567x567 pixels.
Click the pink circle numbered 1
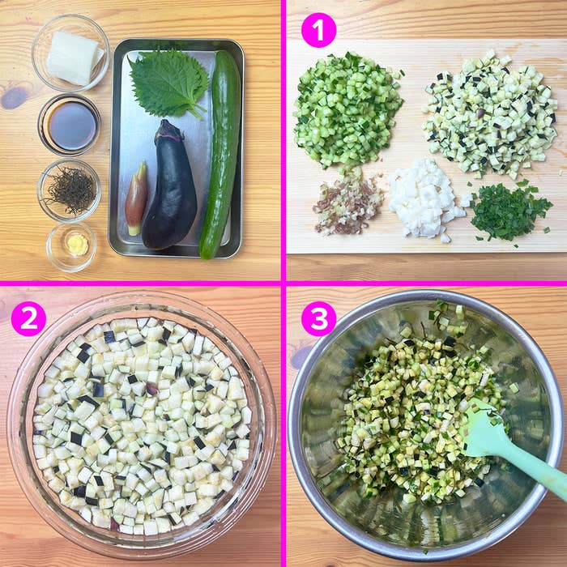click(318, 30)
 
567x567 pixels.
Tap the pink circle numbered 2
click(28, 318)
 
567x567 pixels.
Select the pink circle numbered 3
click(318, 318)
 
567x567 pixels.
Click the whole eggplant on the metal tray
click(172, 194)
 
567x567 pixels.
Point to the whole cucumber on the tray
click(221, 154)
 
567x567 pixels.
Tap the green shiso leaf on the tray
click(168, 82)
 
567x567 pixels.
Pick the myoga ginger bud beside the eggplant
click(137, 198)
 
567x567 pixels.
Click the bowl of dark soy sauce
click(70, 125)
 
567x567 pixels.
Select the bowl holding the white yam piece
click(70, 53)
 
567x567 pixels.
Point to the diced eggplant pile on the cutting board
click(490, 113)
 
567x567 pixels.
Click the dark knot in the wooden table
click(15, 97)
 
